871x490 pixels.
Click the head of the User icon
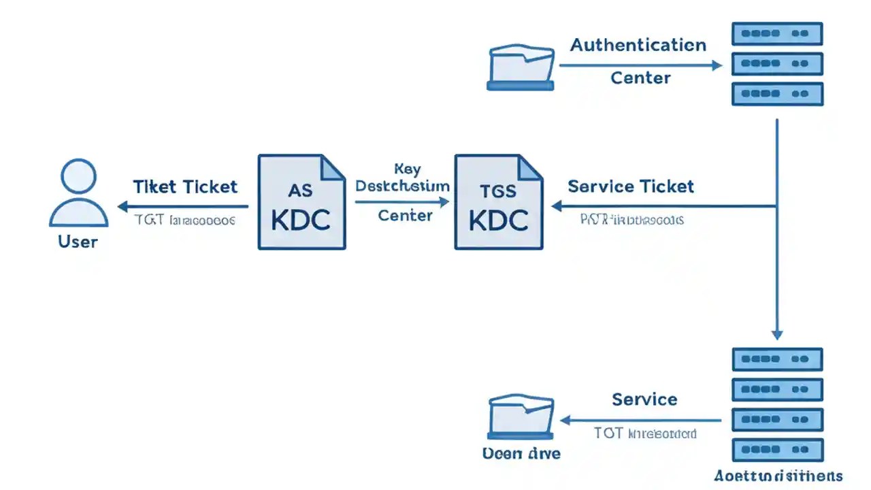pos(78,176)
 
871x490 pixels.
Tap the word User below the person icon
pos(78,242)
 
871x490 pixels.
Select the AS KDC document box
pos(301,202)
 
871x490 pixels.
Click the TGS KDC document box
pos(498,202)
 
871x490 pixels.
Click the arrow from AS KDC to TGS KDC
pos(401,201)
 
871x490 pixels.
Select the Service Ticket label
pos(630,186)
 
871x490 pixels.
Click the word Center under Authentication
pos(640,78)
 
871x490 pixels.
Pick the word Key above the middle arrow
pos(407,168)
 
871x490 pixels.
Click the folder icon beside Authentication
pos(521,68)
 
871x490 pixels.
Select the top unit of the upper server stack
pos(777,33)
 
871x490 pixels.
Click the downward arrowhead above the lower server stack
pos(777,334)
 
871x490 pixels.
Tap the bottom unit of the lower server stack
pos(777,451)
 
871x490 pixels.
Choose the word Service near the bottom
pos(644,399)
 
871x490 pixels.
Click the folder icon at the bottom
pos(521,417)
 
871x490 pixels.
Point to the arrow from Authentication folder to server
pos(640,66)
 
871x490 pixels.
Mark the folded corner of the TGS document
pos(530,167)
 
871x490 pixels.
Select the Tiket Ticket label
pos(185,186)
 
